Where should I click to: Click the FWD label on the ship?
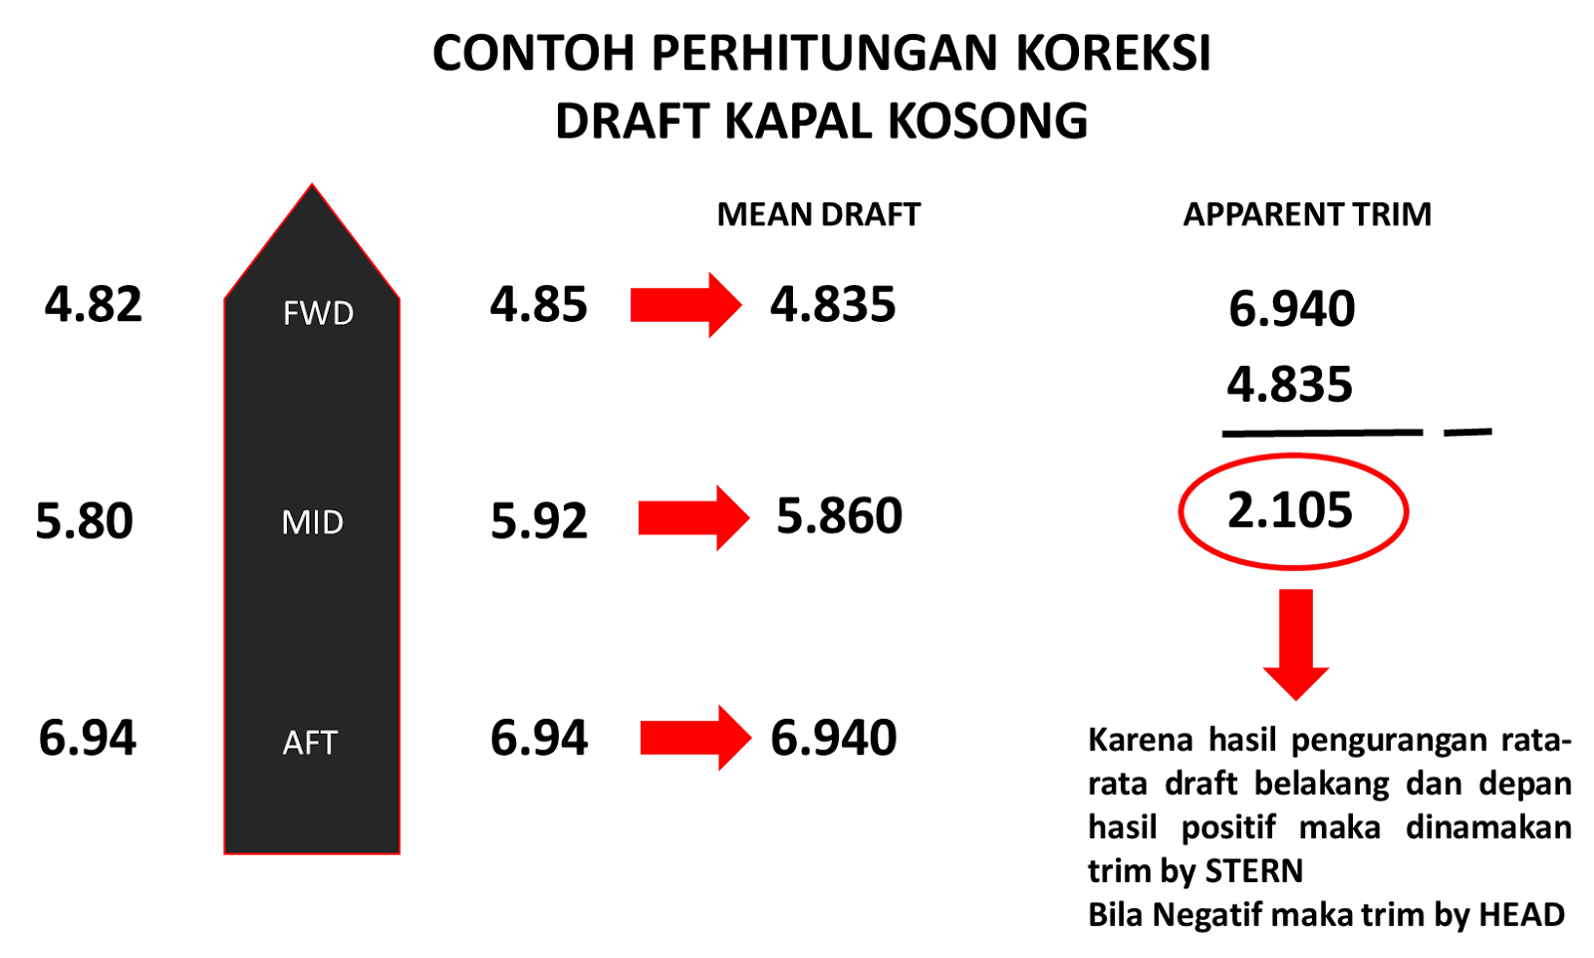318,313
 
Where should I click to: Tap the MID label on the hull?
312,522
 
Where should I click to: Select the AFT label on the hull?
310,743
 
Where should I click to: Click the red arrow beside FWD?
685,304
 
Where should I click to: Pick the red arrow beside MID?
693,517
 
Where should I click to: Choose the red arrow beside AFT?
694,738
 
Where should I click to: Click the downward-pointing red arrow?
1295,644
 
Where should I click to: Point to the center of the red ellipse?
1293,511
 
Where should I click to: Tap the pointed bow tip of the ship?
312,184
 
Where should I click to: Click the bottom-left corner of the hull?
225,853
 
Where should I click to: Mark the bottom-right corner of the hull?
398,853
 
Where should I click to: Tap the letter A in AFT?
293,743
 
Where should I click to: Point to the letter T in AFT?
328,743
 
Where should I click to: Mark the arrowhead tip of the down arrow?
1295,701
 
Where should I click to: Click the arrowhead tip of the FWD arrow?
742,304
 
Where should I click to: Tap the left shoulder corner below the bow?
225,298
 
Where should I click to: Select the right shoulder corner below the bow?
398,298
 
